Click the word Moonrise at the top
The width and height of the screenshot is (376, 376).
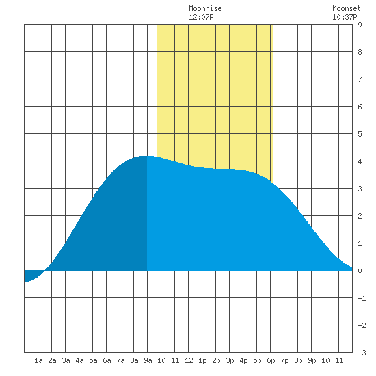point(205,8)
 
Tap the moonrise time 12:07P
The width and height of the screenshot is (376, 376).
point(201,17)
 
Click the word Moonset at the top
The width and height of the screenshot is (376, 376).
point(347,8)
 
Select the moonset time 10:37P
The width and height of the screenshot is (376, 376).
point(345,17)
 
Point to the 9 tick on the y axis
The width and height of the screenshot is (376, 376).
point(360,25)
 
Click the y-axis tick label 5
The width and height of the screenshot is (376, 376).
point(360,134)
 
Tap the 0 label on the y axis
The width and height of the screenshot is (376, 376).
point(360,271)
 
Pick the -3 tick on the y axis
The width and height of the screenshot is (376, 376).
point(362,353)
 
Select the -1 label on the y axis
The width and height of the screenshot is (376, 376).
point(362,298)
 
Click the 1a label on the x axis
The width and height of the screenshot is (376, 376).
point(38,360)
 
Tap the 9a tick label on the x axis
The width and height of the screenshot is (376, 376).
point(148,360)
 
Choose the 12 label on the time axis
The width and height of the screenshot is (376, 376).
point(189,360)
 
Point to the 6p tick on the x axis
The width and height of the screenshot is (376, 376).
point(271,360)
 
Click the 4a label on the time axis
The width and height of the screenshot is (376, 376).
point(79,360)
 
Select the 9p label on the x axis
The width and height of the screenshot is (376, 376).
point(312,360)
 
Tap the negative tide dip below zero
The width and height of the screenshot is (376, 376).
point(31,276)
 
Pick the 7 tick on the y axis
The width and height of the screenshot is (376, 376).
point(360,79)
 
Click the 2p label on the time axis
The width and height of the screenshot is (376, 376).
point(216,360)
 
